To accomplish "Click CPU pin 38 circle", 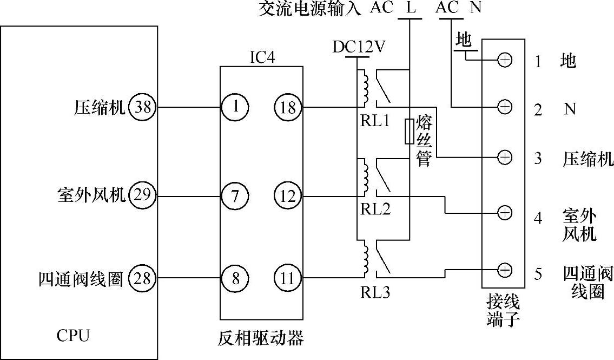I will point(143,107).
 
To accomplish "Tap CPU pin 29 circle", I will point(143,195).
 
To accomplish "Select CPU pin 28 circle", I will point(143,279).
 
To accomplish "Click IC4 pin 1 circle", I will point(235,107).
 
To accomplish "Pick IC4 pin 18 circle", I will point(288,107).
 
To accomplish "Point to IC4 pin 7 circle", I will point(235,196).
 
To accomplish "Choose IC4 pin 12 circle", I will point(288,196).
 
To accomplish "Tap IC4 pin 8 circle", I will point(235,279).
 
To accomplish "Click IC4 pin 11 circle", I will point(288,279).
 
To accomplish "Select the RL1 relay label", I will point(375,121).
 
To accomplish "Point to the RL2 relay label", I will point(375,209).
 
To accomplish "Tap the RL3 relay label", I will point(375,293).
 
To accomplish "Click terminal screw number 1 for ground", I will point(504,60).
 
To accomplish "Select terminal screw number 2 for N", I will point(504,107).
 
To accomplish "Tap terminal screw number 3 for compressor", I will point(504,158).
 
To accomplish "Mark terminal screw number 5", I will point(504,269).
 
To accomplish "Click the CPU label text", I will point(73,336).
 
